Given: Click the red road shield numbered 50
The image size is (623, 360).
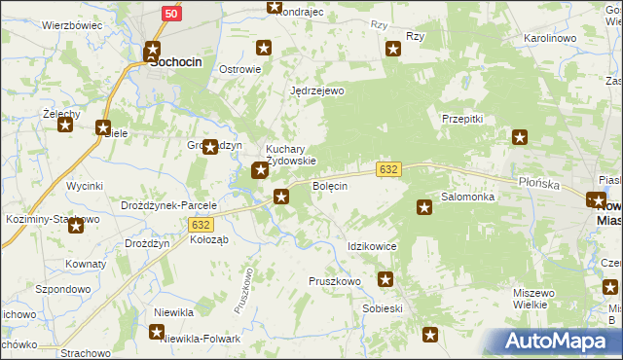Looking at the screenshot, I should pyautogui.click(x=171, y=13).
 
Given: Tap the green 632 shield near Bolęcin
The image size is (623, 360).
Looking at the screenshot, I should pyautogui.click(x=387, y=169).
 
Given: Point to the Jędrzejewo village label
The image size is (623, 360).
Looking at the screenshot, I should pyautogui.click(x=318, y=90).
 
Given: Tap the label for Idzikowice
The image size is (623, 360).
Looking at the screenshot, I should pyautogui.click(x=372, y=247).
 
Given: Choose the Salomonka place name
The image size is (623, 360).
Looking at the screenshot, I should pyautogui.click(x=468, y=197).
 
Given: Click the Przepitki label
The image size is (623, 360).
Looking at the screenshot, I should pyautogui.click(x=462, y=118).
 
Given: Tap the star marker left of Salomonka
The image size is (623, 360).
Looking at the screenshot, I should pyautogui.click(x=424, y=206).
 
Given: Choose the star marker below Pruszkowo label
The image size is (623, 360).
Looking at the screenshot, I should pyautogui.click(x=386, y=281).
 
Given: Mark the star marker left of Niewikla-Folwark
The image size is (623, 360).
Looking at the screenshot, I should pyautogui.click(x=157, y=333).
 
